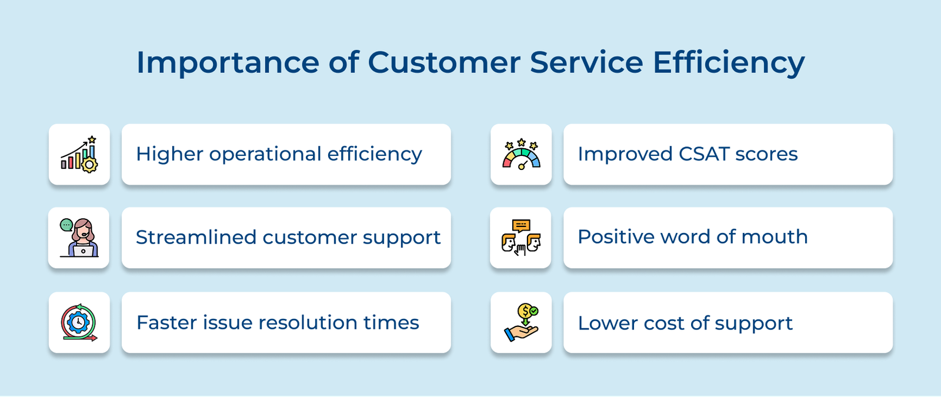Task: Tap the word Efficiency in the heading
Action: click(728, 62)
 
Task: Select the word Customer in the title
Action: click(444, 62)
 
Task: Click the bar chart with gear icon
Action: click(79, 155)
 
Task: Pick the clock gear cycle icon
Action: click(79, 322)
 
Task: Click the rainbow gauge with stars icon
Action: click(521, 155)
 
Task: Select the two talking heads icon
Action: click(520, 238)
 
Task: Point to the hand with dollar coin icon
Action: click(521, 322)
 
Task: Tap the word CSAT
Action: click(703, 154)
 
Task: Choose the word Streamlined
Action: click(196, 238)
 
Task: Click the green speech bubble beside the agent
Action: click(66, 225)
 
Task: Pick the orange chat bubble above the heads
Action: click(521, 225)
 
